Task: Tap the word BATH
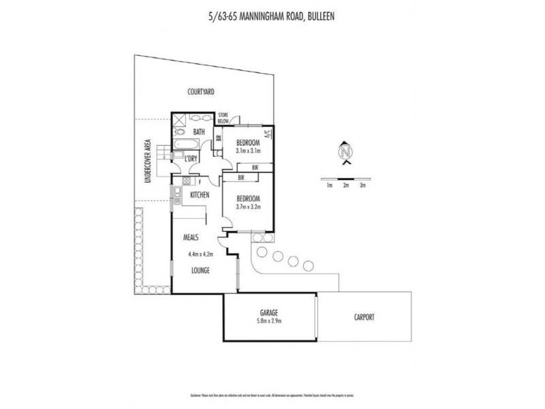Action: pos(199,132)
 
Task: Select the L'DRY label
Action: pos(191,159)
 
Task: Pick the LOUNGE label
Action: pos(200,271)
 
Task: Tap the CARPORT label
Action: pos(364,317)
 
